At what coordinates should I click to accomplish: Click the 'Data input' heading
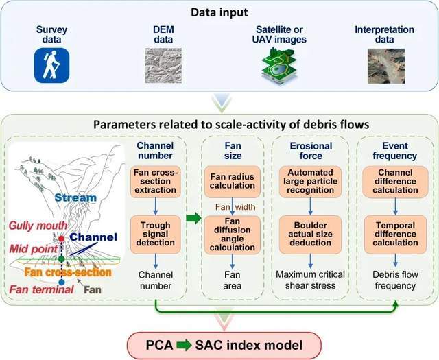[219, 13]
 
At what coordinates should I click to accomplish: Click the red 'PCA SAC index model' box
[219, 340]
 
